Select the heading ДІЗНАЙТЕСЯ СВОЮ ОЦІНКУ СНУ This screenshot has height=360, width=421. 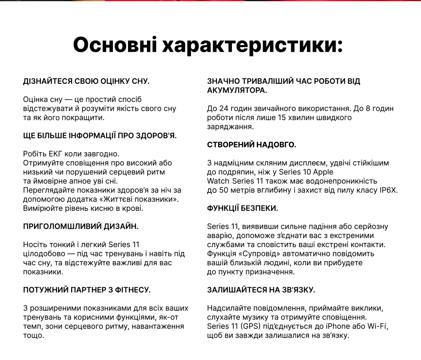click(x=86, y=81)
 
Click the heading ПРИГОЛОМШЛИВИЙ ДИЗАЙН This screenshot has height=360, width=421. click(x=81, y=226)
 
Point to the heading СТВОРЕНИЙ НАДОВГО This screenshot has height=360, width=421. click(x=252, y=145)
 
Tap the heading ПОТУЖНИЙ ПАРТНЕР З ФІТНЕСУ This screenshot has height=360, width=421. click(x=87, y=290)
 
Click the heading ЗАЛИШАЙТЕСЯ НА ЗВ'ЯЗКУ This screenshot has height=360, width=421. click(x=261, y=290)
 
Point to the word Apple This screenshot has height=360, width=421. click(x=323, y=172)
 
